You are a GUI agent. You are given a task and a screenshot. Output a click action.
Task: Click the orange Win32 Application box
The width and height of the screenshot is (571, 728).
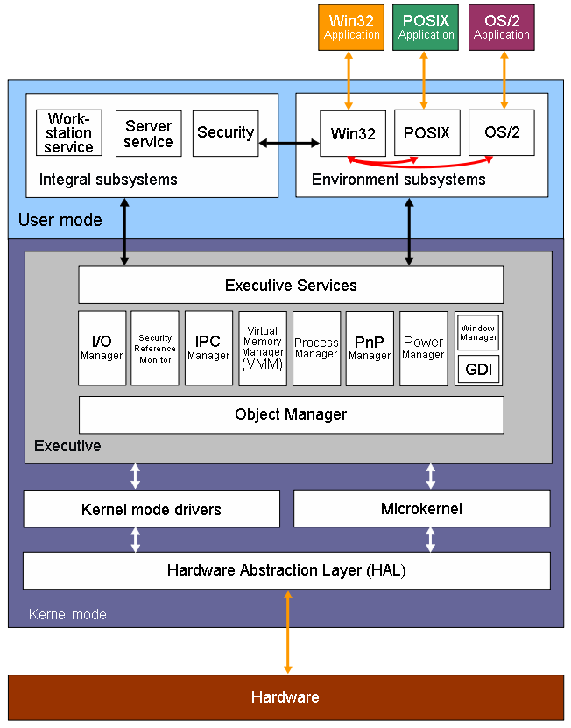pos(351,26)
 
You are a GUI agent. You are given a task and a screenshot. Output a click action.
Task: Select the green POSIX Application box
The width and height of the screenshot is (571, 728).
pos(426,26)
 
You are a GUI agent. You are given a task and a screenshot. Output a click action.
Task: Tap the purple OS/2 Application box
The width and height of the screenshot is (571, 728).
pos(502,26)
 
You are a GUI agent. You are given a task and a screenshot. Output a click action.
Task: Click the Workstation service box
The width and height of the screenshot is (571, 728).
pos(69,133)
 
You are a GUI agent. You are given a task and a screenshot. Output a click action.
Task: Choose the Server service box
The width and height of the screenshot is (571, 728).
pos(148,134)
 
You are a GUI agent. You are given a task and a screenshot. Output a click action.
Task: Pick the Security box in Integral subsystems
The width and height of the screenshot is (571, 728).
pos(225,133)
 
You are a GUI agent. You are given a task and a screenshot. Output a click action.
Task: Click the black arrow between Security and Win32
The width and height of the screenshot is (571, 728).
pos(289,141)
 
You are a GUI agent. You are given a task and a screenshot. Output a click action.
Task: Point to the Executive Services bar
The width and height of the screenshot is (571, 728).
pos(291,285)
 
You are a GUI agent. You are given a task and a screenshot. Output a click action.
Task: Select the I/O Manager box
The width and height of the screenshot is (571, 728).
pos(102,348)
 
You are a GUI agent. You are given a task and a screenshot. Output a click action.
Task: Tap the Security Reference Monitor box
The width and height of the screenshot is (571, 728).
pos(155,348)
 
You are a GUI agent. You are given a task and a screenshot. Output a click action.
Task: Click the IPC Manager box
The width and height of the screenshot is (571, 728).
pos(208,348)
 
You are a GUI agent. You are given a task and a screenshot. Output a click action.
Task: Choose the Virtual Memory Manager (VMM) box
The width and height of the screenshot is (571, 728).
pos(263,348)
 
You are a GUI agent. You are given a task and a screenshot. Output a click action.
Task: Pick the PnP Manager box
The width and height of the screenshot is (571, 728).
pos(370,348)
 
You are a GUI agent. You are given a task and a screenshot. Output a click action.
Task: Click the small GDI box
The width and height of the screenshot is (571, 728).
pos(478,370)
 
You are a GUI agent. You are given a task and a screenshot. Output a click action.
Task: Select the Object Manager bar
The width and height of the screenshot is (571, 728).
pos(291,414)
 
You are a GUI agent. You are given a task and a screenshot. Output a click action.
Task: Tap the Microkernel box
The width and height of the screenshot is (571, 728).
pos(421,508)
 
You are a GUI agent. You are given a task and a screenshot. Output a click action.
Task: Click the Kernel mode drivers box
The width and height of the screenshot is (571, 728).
pos(152,509)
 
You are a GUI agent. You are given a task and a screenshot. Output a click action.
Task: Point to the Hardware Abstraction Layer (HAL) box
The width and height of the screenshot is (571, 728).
pos(286,570)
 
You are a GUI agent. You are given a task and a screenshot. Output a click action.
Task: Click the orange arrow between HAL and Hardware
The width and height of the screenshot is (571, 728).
pos(286,632)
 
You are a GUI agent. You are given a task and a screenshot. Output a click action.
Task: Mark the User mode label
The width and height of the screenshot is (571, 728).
pos(60,220)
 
